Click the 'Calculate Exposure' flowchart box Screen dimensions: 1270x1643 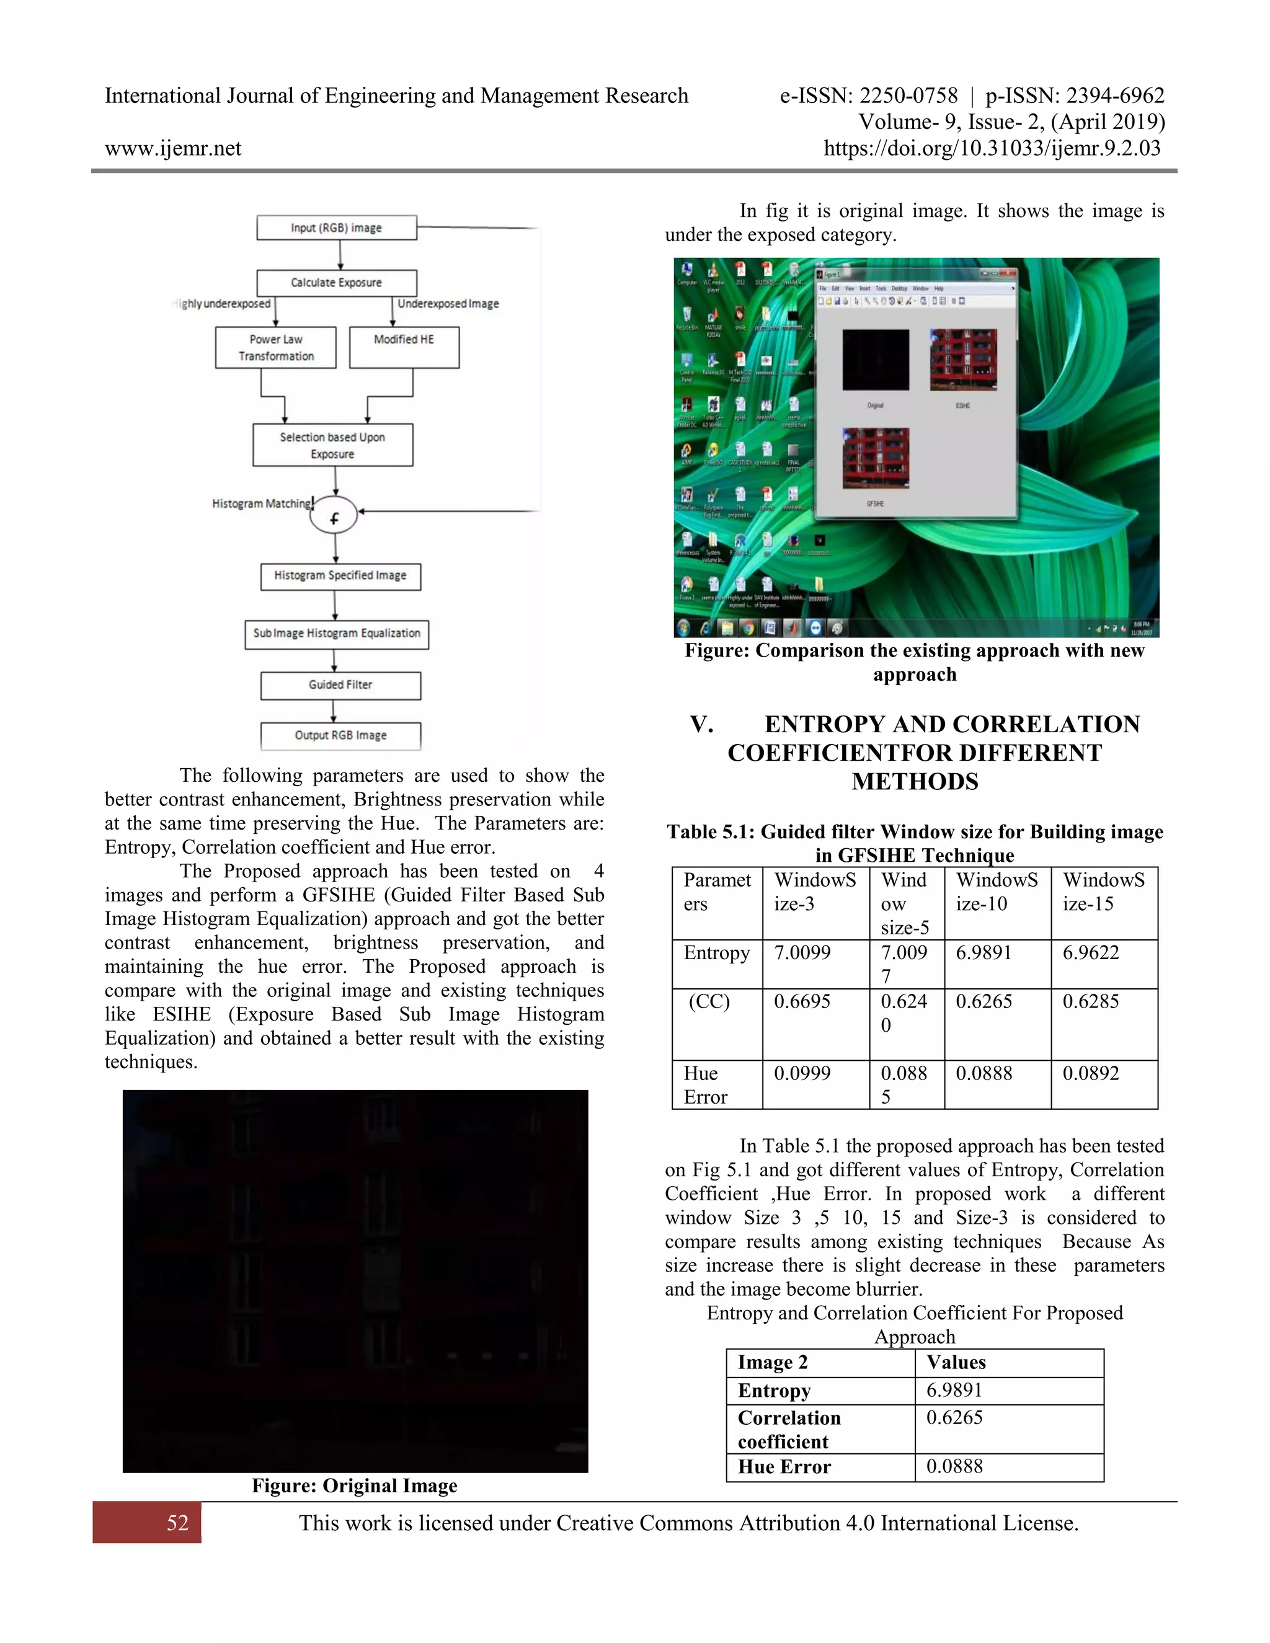pos(336,283)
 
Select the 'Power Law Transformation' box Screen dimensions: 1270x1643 pos(275,348)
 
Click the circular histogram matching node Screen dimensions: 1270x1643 pos(333,515)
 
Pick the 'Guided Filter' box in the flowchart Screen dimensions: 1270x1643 pos(340,685)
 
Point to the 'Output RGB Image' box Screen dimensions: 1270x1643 pos(340,736)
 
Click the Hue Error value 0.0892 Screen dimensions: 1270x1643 pos(1090,1073)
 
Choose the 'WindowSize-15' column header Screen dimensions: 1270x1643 pos(1103,892)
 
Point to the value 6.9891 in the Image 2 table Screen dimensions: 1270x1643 pos(954,1390)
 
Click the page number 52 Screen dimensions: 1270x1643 pos(177,1523)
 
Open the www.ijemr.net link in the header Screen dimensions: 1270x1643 pos(173,148)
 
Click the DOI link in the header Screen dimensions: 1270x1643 pos(992,148)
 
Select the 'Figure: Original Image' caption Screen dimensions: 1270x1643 pos(354,1486)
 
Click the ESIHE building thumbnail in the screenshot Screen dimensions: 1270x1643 pos(963,360)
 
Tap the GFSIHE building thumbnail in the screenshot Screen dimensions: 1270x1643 pos(876,458)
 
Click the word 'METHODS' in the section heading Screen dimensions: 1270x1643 pos(915,782)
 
